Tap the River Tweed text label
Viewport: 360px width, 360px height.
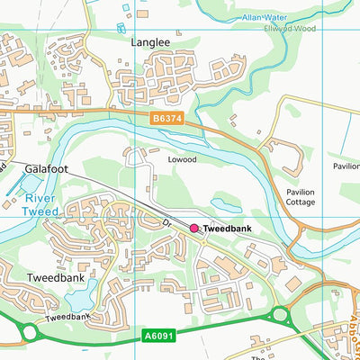click(x=41, y=204)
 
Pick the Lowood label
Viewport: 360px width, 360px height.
click(x=181, y=159)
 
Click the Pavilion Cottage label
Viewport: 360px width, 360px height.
click(x=301, y=197)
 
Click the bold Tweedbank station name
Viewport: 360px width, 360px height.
click(x=227, y=229)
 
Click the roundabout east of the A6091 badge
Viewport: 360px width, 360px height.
click(x=280, y=315)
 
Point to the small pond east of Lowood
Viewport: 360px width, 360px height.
click(x=226, y=205)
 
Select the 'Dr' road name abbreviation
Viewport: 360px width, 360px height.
click(x=166, y=222)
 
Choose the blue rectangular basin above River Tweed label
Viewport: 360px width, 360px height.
click(x=16, y=185)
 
